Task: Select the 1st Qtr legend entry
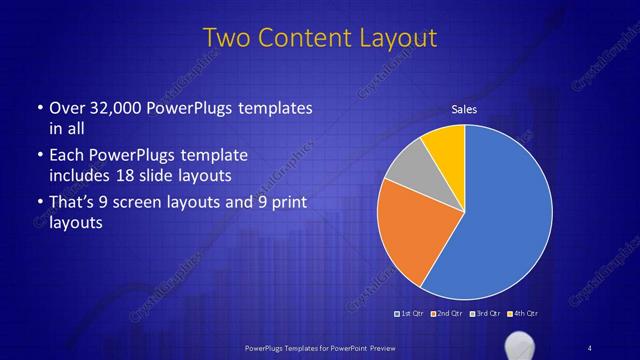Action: point(410,315)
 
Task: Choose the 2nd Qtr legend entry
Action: point(446,315)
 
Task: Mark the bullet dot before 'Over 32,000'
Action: point(38,108)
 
